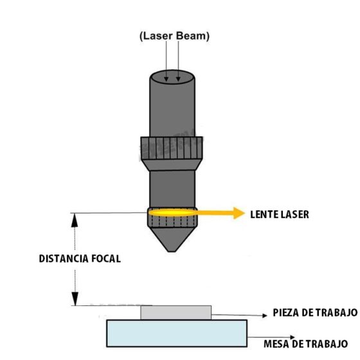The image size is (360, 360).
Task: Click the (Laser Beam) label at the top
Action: [174, 37]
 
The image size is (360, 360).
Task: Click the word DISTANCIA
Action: [62, 259]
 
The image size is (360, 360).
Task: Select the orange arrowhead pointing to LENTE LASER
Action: [239, 213]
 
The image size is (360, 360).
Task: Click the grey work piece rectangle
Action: [175, 312]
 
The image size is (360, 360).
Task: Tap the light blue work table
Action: [176, 334]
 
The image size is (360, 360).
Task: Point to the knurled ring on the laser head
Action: [173, 149]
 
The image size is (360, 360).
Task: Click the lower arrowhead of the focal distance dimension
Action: [75, 298]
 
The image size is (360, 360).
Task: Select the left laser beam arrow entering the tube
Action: [165, 72]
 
